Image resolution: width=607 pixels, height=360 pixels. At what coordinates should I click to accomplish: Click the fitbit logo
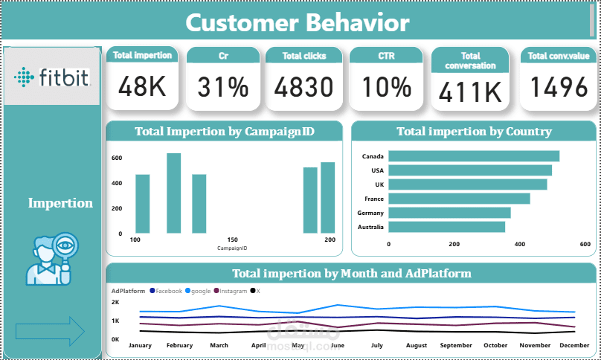point(51,76)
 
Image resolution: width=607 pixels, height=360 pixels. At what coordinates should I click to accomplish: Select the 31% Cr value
point(222,87)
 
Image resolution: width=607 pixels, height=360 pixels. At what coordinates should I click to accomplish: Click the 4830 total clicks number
point(303,87)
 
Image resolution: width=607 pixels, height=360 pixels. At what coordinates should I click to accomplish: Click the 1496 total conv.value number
point(557,87)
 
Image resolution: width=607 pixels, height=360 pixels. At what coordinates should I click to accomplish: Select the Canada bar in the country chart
point(474,156)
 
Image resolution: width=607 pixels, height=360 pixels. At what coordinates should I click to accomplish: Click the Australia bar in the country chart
point(446,227)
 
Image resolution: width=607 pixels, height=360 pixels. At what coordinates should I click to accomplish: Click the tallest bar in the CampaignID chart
point(173,193)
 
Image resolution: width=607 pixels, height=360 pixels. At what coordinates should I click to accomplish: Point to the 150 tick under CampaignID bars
point(232,240)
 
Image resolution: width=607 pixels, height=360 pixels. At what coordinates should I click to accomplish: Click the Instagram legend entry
point(233,291)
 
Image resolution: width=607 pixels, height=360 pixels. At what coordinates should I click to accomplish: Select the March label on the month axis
point(219,345)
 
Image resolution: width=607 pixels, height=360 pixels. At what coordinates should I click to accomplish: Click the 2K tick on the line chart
point(115,303)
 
